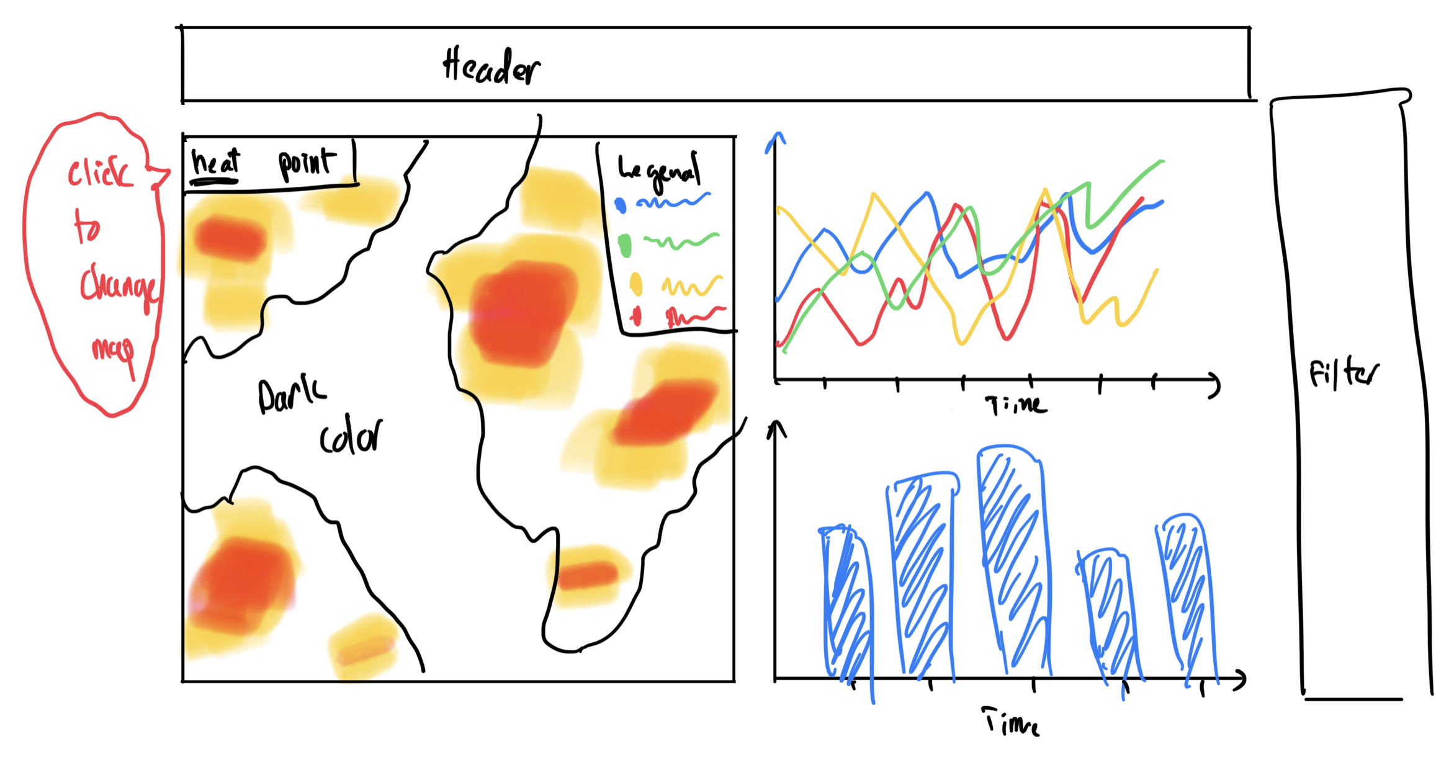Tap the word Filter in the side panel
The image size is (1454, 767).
pos(1343,374)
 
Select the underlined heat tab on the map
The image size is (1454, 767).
pos(215,163)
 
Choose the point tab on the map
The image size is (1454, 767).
pos(307,164)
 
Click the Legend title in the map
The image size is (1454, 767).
pos(659,171)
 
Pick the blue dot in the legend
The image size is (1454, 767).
pos(620,205)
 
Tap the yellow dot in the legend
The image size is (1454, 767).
pos(636,284)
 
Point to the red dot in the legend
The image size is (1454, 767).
pos(635,316)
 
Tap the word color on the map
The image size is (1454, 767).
pos(351,437)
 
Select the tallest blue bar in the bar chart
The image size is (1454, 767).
pos(1013,558)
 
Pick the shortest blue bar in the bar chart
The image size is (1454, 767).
pos(1108,614)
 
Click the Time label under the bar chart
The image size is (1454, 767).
pos(1010,722)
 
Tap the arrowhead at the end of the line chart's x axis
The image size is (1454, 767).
pos(1216,386)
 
